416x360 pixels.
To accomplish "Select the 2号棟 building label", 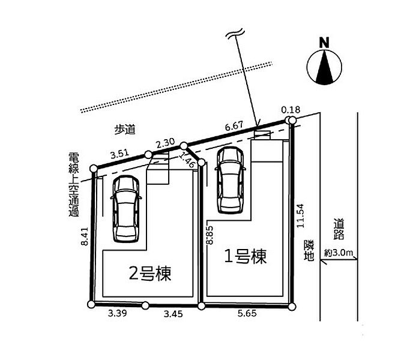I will point(151,274).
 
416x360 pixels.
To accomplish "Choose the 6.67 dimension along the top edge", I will point(235,127).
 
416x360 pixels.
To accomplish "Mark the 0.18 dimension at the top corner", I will point(290,110).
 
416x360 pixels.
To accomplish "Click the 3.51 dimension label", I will point(120,154).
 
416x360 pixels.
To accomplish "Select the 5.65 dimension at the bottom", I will point(247,313).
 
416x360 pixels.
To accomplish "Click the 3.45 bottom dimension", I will point(173,313).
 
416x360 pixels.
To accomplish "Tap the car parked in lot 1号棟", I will point(229,179).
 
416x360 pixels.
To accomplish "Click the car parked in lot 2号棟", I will point(127,208).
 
